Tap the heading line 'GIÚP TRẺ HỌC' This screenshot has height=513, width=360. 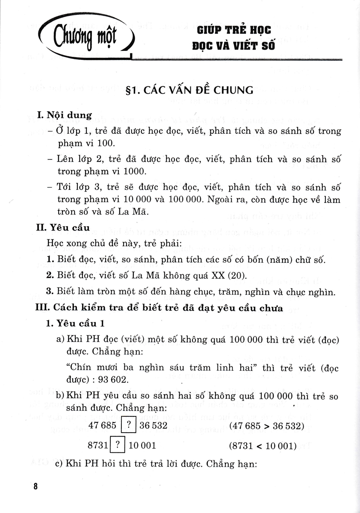[234, 31]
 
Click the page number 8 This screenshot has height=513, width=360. [35, 486]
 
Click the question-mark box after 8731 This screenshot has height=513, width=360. [117, 445]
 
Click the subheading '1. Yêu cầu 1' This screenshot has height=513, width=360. [74, 323]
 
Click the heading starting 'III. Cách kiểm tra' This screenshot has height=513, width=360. [159, 308]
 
